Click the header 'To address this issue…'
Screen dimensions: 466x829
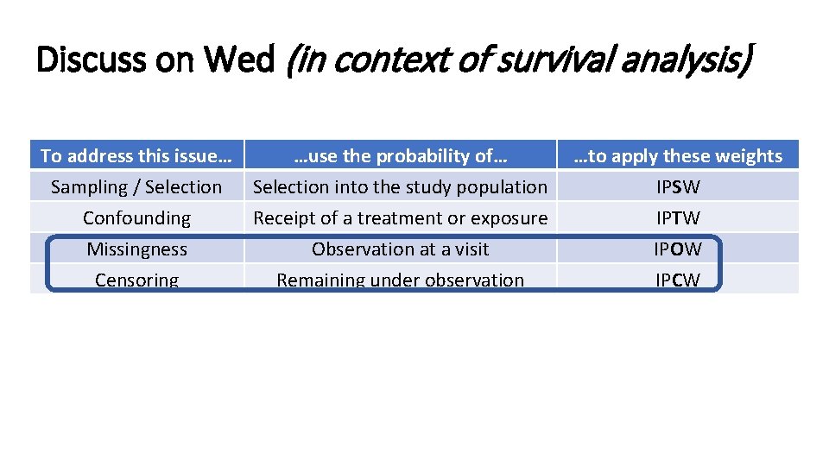136,156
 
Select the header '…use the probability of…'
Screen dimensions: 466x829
400,156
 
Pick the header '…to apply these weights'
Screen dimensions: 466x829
678,156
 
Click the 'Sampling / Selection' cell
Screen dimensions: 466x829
136,187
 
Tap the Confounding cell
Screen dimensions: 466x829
136,218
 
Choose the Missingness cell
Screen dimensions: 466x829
136,249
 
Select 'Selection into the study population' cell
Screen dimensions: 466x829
400,187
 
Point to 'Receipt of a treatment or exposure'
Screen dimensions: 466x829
400,218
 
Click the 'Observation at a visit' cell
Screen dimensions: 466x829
400,249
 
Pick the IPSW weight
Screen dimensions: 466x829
678,187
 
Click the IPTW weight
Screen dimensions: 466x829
678,218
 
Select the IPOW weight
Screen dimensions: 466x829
678,249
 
